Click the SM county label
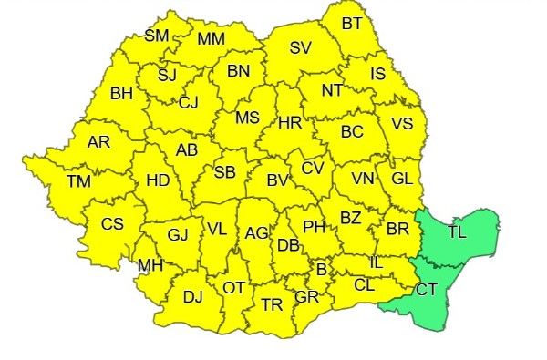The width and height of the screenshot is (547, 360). click(158, 36)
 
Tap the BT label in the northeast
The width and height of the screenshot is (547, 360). click(352, 23)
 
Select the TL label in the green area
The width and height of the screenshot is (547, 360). click(458, 231)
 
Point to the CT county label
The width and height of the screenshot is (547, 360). click(426, 290)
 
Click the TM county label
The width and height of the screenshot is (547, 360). click(78, 181)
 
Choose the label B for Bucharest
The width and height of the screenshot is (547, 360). click(321, 269)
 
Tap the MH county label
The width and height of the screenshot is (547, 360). click(150, 266)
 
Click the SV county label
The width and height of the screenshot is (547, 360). click(301, 48)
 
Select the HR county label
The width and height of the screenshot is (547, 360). click(290, 122)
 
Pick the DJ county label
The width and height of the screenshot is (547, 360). click(193, 296)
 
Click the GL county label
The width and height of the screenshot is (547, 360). click(402, 178)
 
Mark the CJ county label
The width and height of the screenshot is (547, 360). click(189, 102)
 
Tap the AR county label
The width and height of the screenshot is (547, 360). click(98, 142)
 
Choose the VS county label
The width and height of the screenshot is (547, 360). click(402, 123)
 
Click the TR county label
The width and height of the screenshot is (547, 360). click(272, 304)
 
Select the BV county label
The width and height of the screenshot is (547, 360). click(278, 181)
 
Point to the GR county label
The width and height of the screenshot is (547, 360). click(306, 297)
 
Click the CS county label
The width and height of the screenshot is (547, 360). click(113, 223)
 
